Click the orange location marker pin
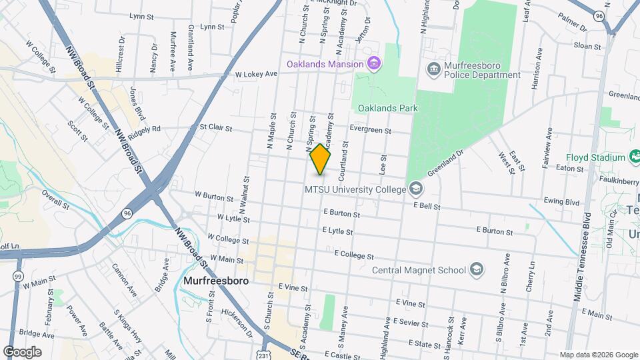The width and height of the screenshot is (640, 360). (x=320, y=159)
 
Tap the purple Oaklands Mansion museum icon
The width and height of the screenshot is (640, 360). (x=374, y=64)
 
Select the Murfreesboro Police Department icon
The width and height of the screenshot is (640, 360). (x=433, y=69)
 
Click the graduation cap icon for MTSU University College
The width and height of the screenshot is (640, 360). (x=416, y=189)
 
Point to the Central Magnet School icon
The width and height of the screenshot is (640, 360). (x=476, y=269)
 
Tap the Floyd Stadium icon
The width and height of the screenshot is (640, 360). (x=635, y=157)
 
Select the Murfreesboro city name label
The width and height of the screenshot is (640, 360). (x=215, y=281)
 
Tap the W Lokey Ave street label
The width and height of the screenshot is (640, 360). (x=253, y=75)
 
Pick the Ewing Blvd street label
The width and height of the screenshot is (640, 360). (x=561, y=200)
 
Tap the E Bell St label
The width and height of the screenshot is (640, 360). (x=427, y=207)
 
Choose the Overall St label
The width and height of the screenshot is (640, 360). (x=55, y=199)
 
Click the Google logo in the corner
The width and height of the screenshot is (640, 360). (x=22, y=351)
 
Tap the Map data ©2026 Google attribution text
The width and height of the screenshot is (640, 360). (x=597, y=355)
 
